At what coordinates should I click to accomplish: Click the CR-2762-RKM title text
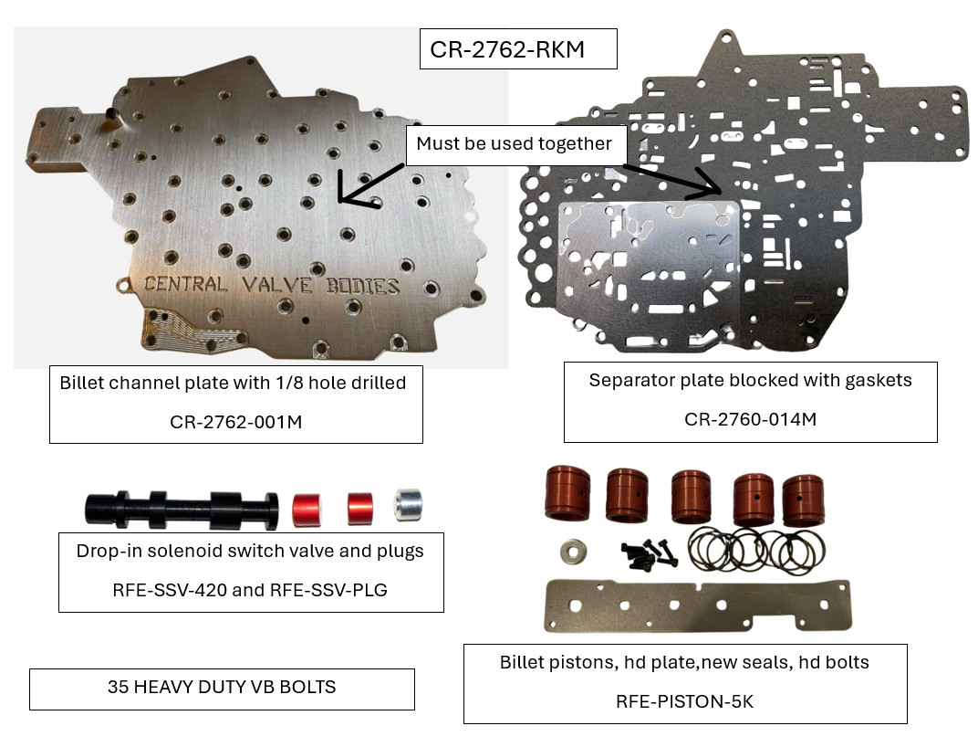(507, 49)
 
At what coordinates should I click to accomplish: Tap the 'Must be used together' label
(514, 143)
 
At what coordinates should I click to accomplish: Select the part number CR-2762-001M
(235, 422)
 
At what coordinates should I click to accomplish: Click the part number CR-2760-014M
(750, 419)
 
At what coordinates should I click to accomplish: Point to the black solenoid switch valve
(182, 509)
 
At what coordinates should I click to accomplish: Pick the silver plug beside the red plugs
(409, 505)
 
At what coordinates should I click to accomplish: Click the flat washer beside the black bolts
(573, 552)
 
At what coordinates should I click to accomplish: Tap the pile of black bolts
(649, 554)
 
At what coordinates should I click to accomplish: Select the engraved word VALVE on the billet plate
(277, 285)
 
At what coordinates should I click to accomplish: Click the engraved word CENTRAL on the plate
(185, 284)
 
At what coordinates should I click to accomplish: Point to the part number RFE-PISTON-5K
(684, 702)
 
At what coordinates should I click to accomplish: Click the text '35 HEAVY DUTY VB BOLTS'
(222, 687)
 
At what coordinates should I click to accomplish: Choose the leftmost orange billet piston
(567, 492)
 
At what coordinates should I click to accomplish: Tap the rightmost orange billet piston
(804, 500)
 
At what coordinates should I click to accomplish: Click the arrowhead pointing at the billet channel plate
(341, 195)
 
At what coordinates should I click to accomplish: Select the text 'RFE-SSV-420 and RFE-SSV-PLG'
(249, 590)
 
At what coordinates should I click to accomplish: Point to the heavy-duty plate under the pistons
(698, 605)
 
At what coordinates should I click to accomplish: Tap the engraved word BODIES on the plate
(363, 286)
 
